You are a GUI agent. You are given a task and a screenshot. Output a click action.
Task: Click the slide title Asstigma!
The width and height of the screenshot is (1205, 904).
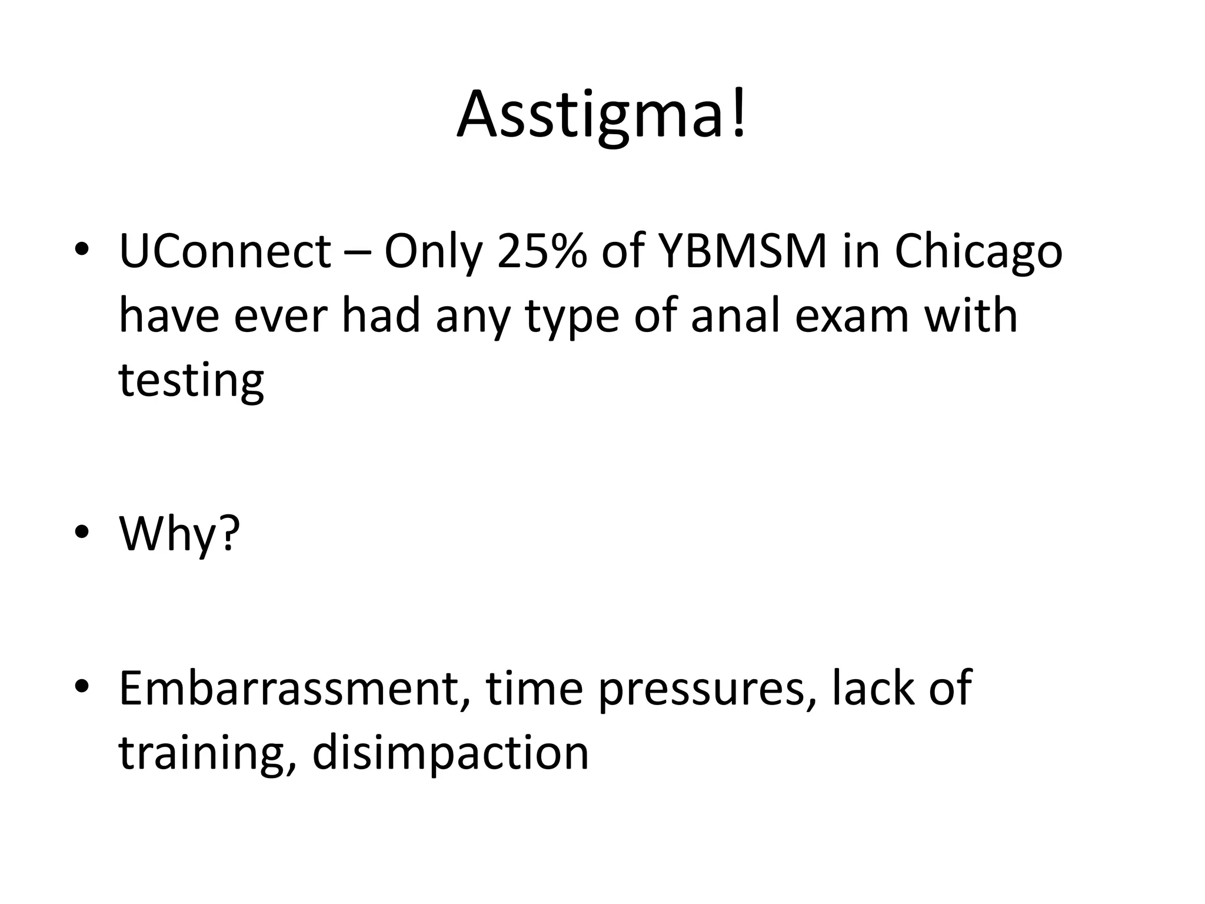point(602,114)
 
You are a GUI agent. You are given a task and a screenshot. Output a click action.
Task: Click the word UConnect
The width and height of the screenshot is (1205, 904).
point(225,252)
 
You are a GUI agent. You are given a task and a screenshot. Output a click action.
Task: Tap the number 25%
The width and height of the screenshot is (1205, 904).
point(542,252)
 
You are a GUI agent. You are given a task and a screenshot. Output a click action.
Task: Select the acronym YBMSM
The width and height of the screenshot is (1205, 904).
point(743,252)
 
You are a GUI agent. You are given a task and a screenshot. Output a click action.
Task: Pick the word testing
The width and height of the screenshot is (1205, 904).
point(191,382)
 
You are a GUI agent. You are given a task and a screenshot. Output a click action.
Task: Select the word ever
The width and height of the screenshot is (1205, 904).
point(280,316)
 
